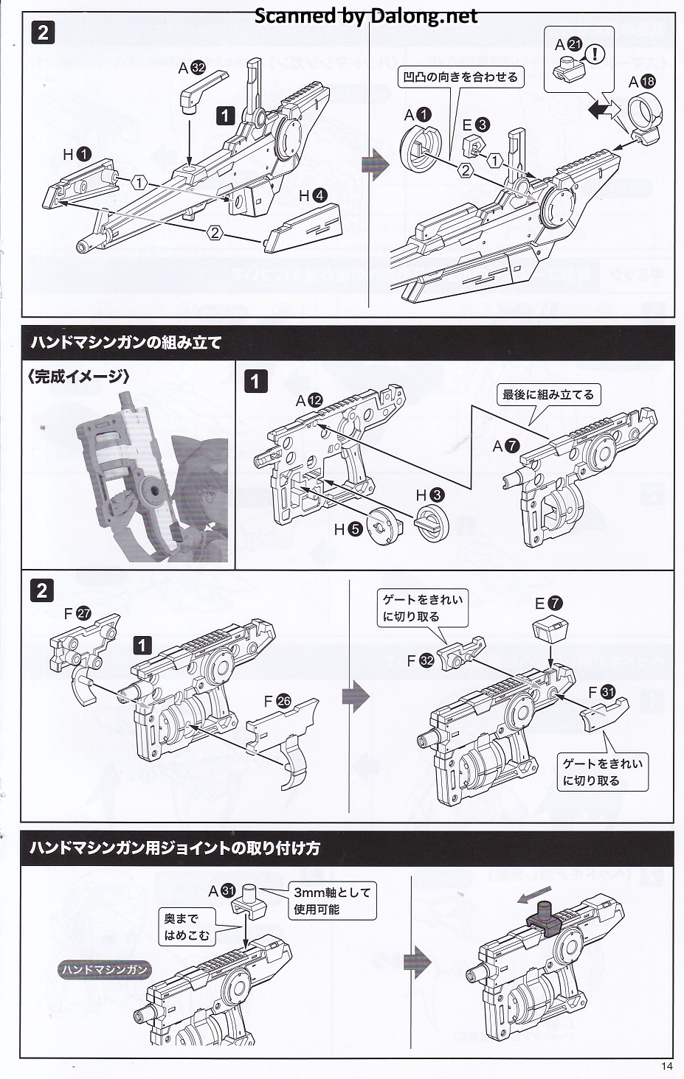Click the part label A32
[x=192, y=68]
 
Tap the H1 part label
[x=77, y=154]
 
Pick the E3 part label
[x=475, y=125]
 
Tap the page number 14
[x=667, y=1066]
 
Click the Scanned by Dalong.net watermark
[x=366, y=15]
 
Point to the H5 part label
[x=348, y=528]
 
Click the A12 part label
[x=309, y=400]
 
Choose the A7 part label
[x=506, y=445]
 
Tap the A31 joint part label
[x=221, y=891]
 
